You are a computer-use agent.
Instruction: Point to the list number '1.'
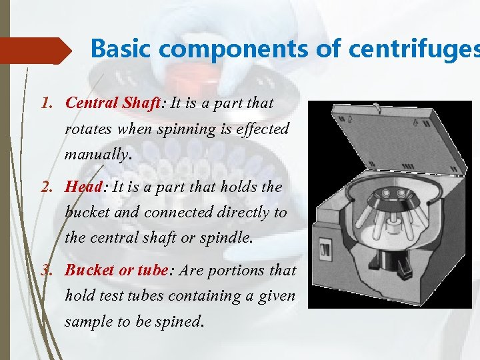46,103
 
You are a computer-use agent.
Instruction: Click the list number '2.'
46,187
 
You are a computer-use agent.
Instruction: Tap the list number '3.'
46,271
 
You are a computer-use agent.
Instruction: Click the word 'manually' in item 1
96,154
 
